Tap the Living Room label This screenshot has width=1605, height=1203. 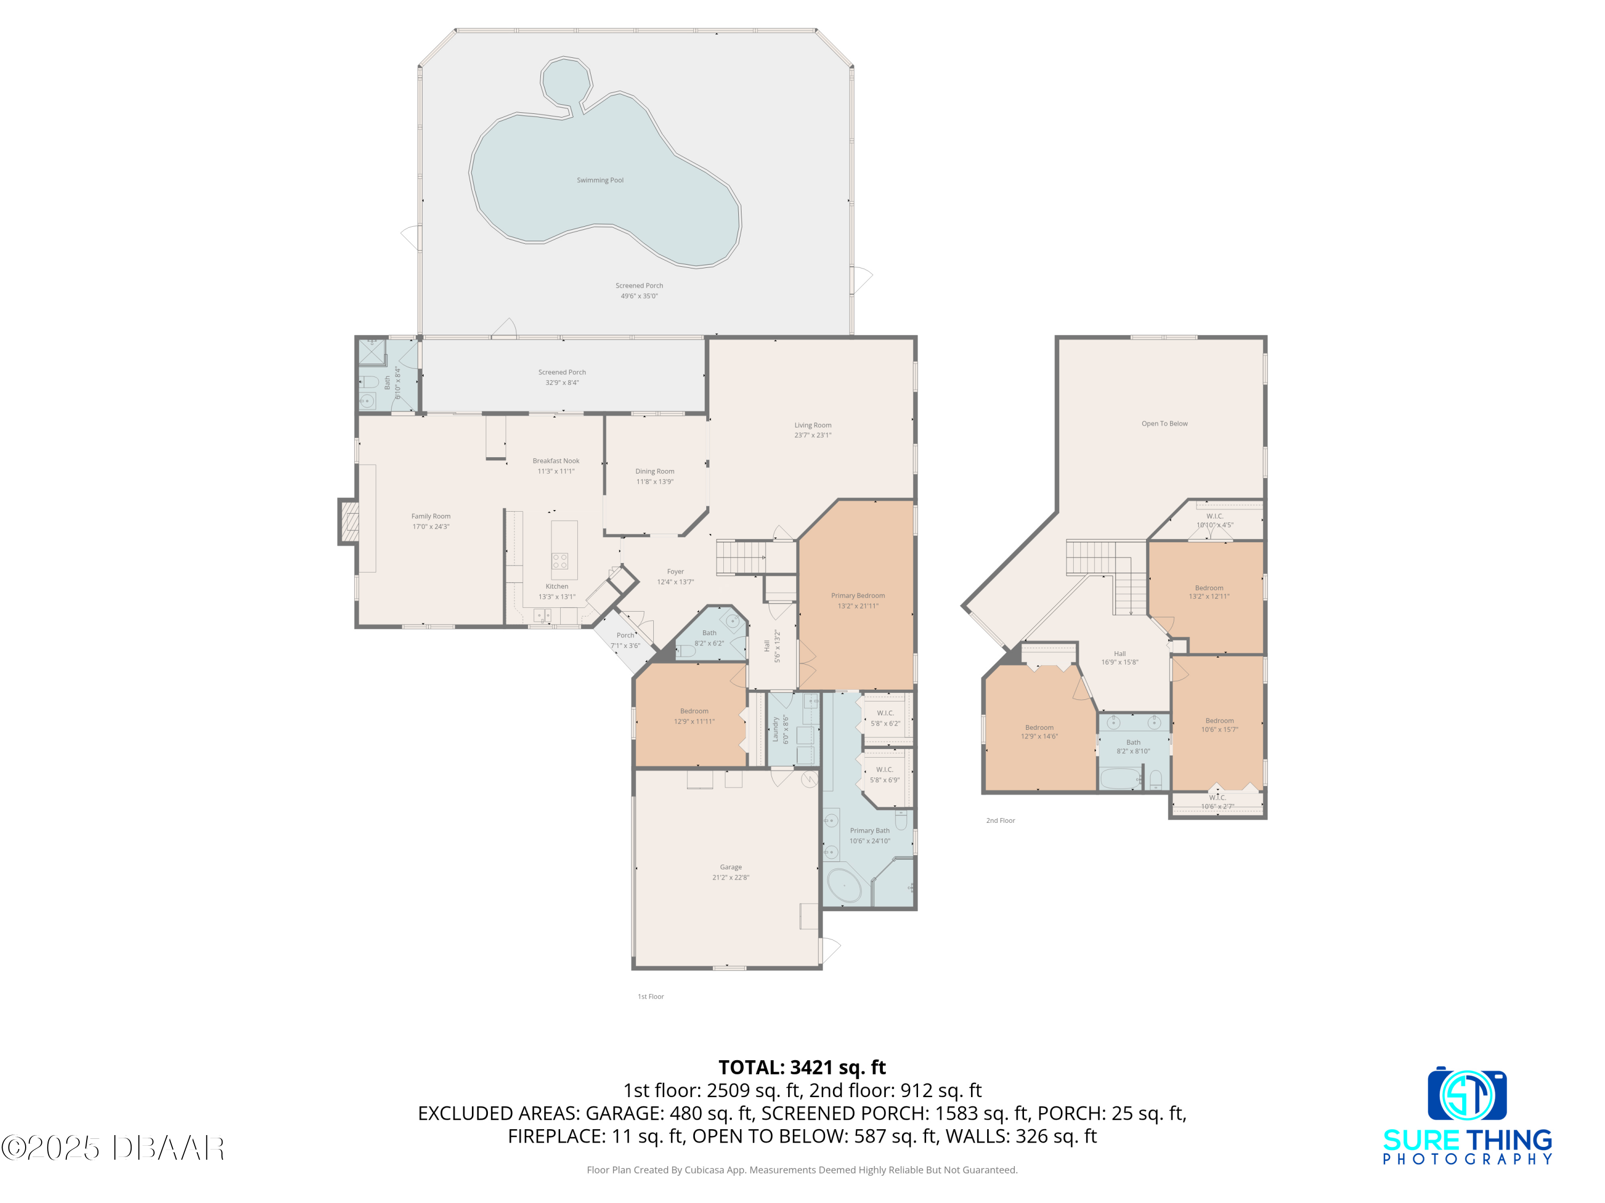(x=813, y=426)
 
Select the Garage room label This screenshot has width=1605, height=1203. (x=731, y=867)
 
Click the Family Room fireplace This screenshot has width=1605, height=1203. (x=348, y=521)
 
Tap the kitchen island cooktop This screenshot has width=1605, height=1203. (x=560, y=560)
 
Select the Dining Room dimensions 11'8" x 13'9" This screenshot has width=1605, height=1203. (x=655, y=482)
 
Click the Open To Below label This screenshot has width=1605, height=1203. (x=1165, y=424)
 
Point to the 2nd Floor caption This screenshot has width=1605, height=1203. (x=1000, y=821)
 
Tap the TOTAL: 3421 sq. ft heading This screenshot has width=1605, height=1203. (x=802, y=1067)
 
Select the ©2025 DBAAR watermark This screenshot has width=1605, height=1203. (x=112, y=1148)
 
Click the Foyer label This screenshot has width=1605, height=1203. (x=676, y=572)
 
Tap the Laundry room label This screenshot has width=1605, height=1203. (x=775, y=729)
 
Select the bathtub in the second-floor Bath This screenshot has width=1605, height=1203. (x=1121, y=779)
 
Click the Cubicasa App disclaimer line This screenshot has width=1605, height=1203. (x=802, y=1170)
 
